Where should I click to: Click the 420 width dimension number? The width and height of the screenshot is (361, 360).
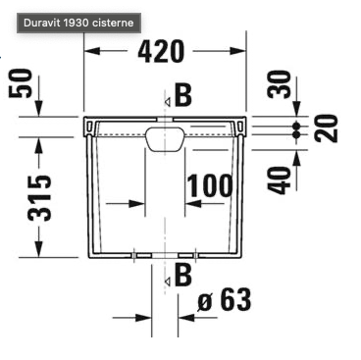161,52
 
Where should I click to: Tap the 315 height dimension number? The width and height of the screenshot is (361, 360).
39,198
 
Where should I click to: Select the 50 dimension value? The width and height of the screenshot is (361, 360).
21,83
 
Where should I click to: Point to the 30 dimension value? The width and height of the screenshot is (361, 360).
279,84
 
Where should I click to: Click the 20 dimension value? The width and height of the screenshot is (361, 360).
326,128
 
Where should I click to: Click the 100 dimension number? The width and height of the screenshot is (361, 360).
210,185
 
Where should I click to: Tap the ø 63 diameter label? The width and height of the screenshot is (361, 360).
225,299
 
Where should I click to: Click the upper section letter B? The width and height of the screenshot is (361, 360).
183,95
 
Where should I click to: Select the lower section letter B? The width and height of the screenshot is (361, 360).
183,275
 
